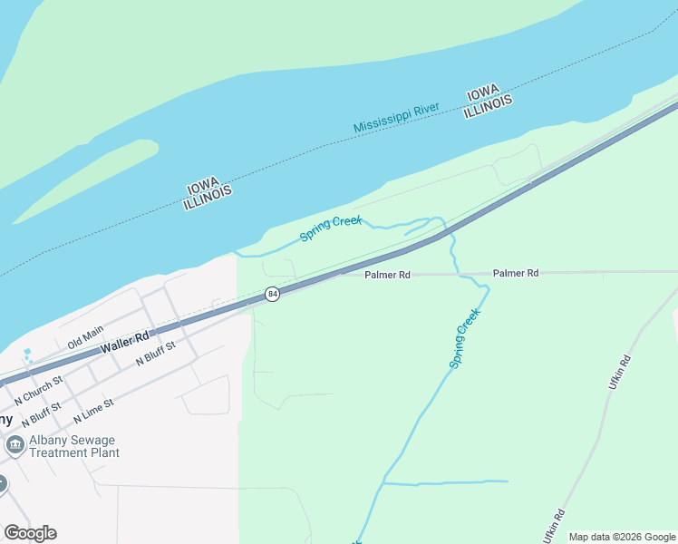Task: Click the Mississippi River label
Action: coord(396,117)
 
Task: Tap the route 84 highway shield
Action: coord(272,295)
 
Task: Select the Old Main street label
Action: coord(86,337)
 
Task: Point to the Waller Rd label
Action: coord(125,342)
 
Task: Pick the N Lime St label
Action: coord(93,411)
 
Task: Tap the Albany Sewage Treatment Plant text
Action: coord(74,447)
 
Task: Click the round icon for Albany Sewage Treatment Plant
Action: coord(15,445)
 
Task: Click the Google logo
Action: coord(30,533)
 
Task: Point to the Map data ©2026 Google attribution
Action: coord(621,537)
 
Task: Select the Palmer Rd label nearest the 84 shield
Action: coord(388,274)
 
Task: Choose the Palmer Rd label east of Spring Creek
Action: coord(516,272)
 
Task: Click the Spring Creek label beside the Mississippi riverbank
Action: coord(331,228)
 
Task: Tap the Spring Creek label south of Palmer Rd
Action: coord(464,338)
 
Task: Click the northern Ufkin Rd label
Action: coord(619,373)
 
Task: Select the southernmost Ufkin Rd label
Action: coord(554,525)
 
